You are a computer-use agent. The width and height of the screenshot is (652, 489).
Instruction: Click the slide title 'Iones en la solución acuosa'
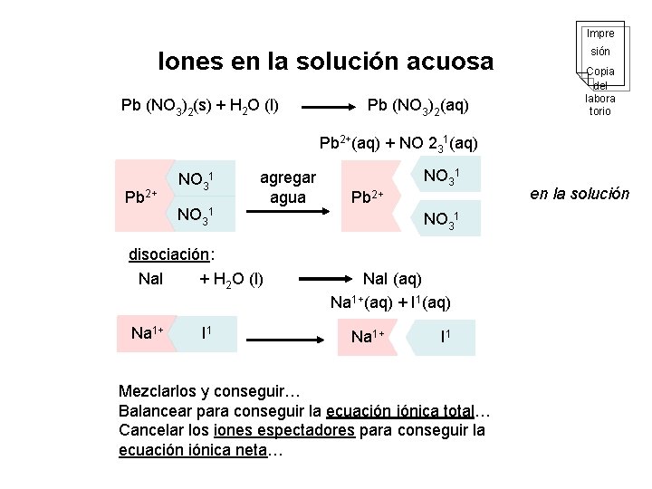326,62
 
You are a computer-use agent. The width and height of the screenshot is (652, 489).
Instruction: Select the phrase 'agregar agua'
288,187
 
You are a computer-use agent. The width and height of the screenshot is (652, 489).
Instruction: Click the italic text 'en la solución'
580,193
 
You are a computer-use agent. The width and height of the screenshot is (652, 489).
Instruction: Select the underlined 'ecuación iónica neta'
193,450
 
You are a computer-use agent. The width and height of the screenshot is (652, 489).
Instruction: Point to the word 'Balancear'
154,410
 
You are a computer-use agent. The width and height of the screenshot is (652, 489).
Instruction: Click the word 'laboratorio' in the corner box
599,104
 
